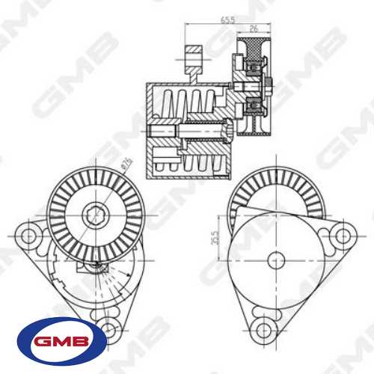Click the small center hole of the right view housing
click(275, 260)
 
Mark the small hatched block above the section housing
click(193, 58)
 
